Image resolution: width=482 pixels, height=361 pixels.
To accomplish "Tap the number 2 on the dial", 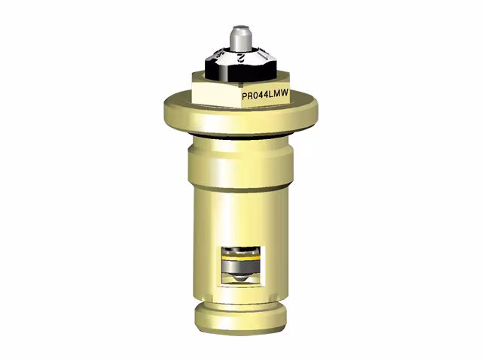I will (x=239, y=56).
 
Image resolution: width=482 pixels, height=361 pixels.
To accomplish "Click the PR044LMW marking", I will (x=265, y=96).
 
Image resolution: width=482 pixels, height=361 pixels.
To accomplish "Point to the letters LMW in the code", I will (x=278, y=96).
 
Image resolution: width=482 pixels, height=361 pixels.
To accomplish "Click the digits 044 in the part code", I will (x=259, y=96).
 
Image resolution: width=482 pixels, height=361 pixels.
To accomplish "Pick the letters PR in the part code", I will (x=247, y=96).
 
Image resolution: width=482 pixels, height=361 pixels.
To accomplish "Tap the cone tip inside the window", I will (x=239, y=279).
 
